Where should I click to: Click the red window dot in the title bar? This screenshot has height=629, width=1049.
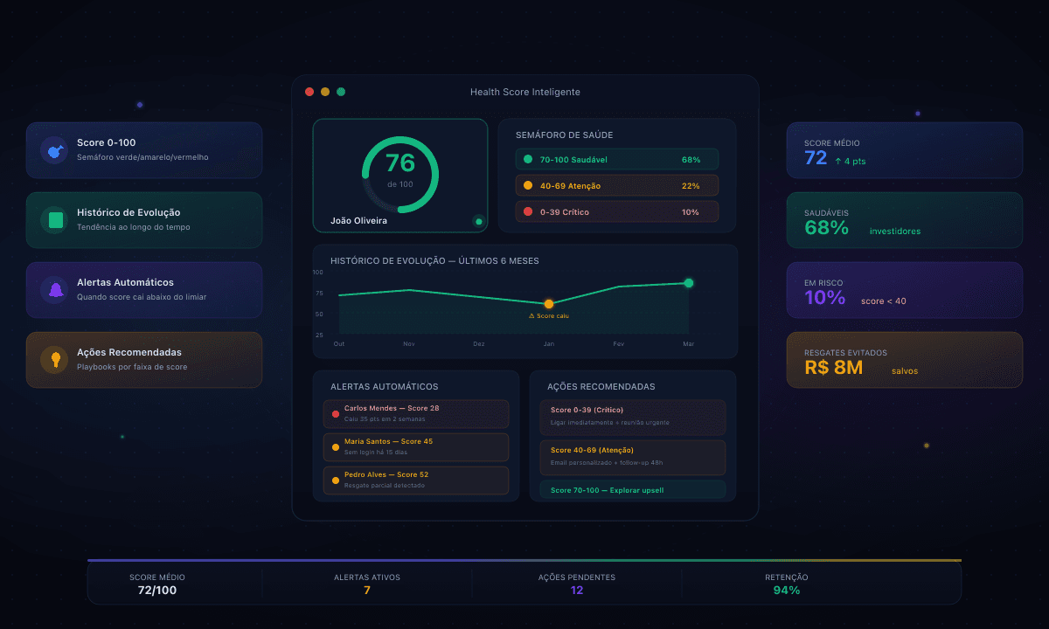309,92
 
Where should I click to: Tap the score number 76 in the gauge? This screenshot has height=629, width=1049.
400,163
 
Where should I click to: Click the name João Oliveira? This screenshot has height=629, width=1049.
358,221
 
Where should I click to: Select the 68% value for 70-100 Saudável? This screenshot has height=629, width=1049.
691,160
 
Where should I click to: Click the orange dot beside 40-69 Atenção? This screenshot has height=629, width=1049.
527,185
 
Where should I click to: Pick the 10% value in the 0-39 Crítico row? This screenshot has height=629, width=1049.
691,212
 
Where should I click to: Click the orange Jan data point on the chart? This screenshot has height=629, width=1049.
549,304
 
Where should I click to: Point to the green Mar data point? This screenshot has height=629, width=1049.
689,283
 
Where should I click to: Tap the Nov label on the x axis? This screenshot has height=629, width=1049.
409,344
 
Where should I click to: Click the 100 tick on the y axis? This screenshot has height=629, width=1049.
318,273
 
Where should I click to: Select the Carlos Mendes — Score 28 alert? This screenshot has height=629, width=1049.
416,413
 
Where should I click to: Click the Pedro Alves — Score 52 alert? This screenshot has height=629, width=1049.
416,480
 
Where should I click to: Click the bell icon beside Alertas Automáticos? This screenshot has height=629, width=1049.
55,289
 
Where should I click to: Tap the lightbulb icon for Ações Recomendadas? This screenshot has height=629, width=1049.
55,359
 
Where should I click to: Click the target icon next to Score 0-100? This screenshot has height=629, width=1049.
55,150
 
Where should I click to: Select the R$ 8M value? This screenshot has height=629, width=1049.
833,368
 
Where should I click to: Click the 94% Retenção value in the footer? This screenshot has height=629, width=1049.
787,591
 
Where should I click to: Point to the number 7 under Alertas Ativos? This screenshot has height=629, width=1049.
367,591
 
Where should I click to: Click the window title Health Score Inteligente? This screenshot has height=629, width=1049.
524,92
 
